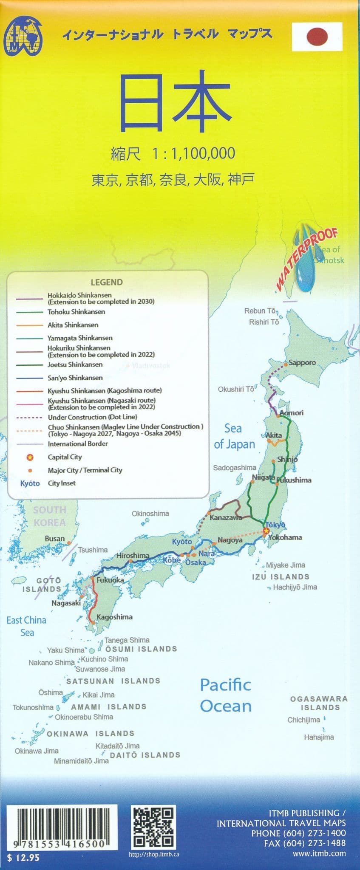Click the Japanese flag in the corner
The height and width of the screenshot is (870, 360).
click(x=317, y=37)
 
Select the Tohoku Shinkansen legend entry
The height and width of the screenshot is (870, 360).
click(x=76, y=312)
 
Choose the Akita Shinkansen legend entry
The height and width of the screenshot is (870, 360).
click(x=73, y=325)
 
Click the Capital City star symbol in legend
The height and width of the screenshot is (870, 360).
click(x=30, y=457)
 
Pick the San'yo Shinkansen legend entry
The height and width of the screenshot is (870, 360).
click(x=75, y=378)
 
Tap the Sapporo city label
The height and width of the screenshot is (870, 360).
click(x=302, y=363)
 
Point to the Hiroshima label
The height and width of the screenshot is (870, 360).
click(x=133, y=555)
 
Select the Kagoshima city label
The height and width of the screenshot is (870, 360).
click(x=114, y=617)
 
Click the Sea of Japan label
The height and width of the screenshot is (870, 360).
click(x=234, y=436)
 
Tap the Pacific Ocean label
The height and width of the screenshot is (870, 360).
click(x=226, y=695)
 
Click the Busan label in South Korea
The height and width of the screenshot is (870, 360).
click(x=55, y=539)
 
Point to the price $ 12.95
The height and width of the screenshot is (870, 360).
click(x=23, y=858)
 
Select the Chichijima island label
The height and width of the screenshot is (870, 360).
click(x=303, y=720)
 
